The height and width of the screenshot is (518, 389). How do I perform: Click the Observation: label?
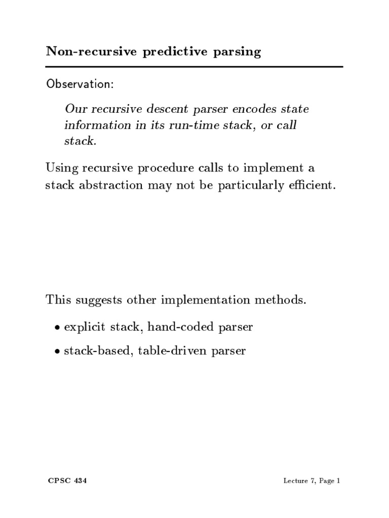coord(80,83)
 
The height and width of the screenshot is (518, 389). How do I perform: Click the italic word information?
coord(97,125)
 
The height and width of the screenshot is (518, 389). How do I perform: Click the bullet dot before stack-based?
coord(57,351)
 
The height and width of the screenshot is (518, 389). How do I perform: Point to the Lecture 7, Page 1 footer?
coord(312,482)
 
